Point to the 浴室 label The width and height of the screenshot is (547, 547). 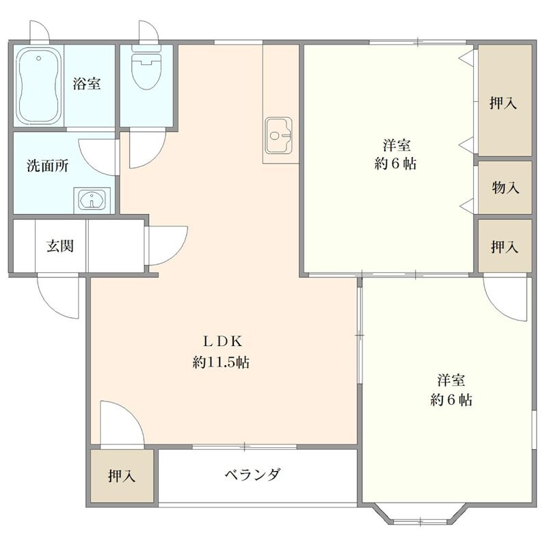click(87, 84)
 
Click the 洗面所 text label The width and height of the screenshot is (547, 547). click(47, 166)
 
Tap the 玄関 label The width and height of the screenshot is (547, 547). click(60, 247)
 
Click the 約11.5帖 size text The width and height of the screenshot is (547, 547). click(221, 363)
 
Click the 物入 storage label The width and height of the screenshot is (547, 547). click(505, 187)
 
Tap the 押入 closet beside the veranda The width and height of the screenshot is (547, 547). click(121, 477)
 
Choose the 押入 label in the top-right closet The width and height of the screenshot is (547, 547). click(504, 103)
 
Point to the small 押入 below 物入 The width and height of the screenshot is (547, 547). click(504, 247)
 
